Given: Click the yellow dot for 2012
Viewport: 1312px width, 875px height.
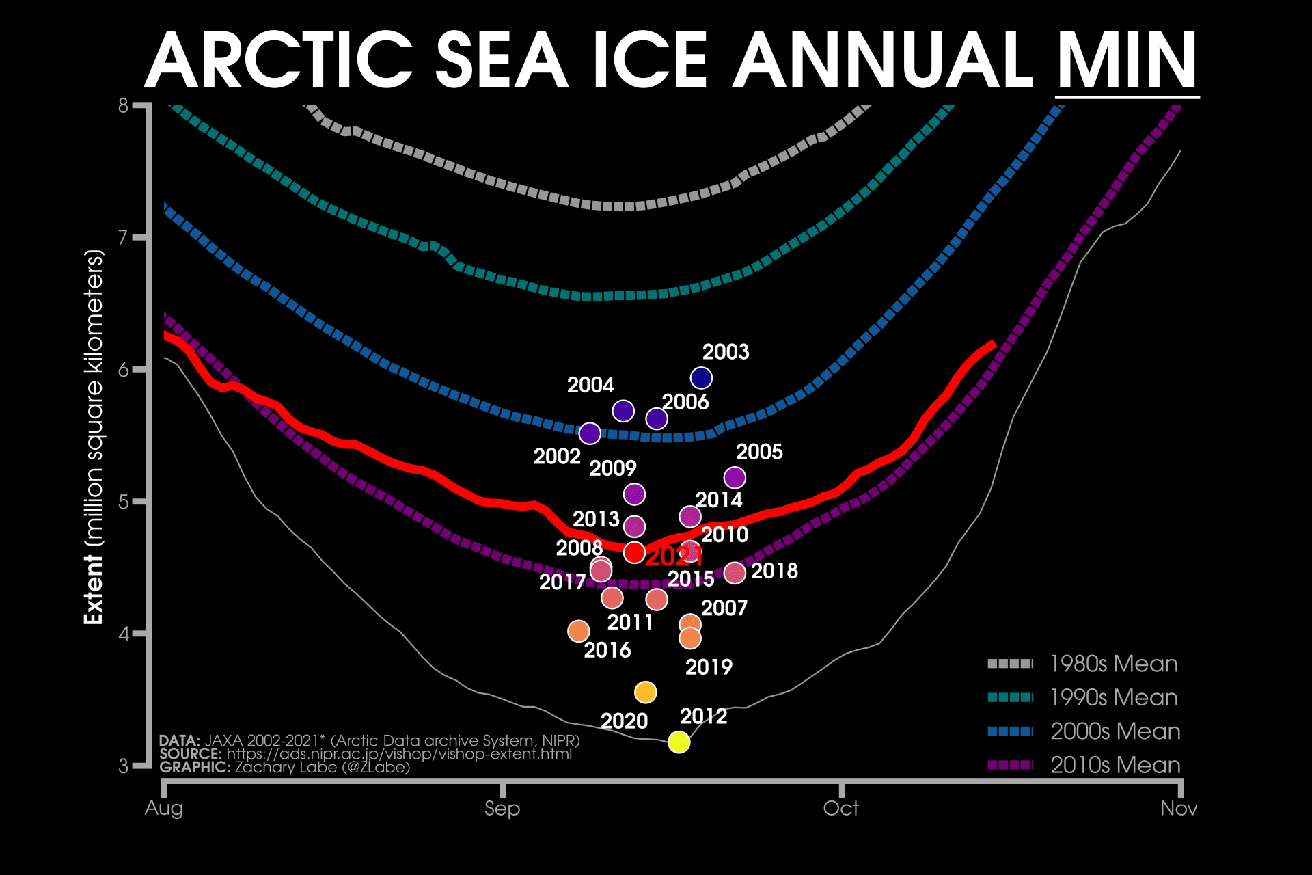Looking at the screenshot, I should coord(679,742).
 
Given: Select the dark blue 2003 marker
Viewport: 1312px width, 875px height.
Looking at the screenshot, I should coord(701,377).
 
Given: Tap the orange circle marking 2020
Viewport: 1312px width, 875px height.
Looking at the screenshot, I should coord(645,692).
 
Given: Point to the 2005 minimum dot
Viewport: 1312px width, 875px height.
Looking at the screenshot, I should coord(735,477).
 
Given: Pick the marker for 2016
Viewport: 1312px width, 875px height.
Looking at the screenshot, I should coord(579,631).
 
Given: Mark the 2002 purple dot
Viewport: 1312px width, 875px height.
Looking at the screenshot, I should coord(590,433).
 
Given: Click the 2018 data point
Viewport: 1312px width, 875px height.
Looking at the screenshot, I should coord(735,573).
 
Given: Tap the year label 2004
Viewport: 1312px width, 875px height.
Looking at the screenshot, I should coord(590,386).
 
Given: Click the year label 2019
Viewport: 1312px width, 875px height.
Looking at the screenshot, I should coord(709,667).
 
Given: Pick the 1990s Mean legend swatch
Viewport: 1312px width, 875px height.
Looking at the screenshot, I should coord(1011,697).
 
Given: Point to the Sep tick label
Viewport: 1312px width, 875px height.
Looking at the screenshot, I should coord(502,809).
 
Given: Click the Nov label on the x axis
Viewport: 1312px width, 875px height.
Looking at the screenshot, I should coord(1179,809).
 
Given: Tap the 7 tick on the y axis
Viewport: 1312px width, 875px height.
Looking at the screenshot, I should coord(123,238).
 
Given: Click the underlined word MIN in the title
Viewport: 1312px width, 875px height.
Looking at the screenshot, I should coord(1127,62).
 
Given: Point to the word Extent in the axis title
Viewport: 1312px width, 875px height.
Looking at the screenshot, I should coord(93,589).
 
